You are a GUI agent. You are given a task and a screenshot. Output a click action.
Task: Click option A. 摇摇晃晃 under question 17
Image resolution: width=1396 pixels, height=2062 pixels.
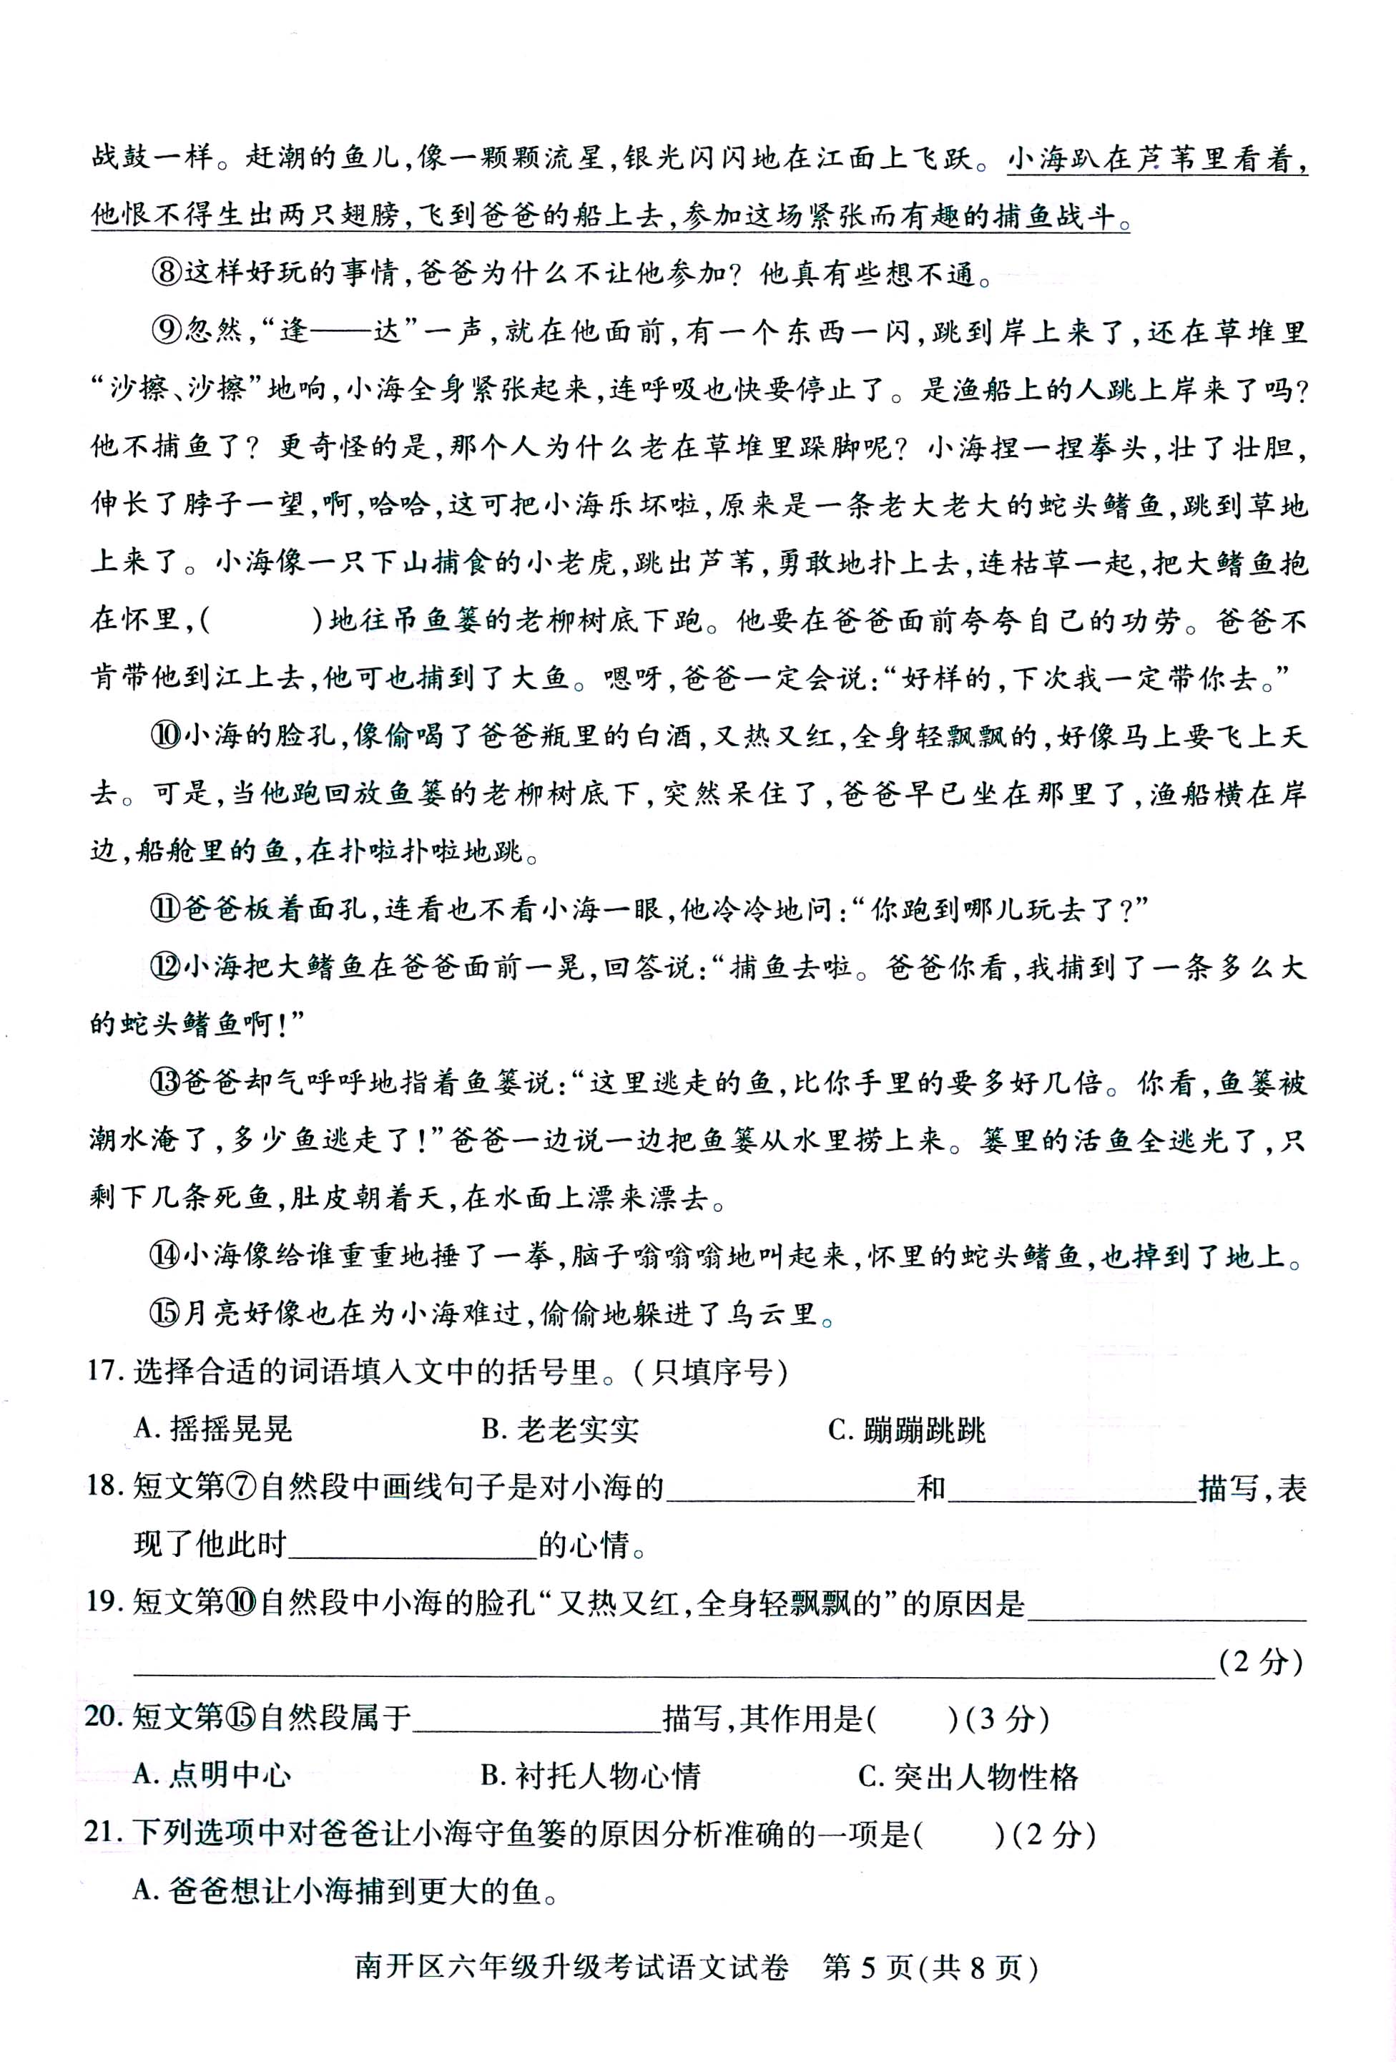tap(213, 1430)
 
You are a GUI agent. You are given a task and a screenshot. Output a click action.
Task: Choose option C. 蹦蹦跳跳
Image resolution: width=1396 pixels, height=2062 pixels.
tap(906, 1430)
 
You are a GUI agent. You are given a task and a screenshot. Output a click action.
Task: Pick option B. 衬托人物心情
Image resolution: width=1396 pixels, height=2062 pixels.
tap(591, 1774)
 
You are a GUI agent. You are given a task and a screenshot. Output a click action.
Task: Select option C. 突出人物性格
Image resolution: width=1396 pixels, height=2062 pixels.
tap(968, 1774)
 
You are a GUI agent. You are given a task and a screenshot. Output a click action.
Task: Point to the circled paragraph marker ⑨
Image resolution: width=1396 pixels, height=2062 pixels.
tap(167, 331)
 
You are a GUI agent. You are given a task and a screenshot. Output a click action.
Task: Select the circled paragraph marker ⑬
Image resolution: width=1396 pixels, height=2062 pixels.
tap(165, 1083)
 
